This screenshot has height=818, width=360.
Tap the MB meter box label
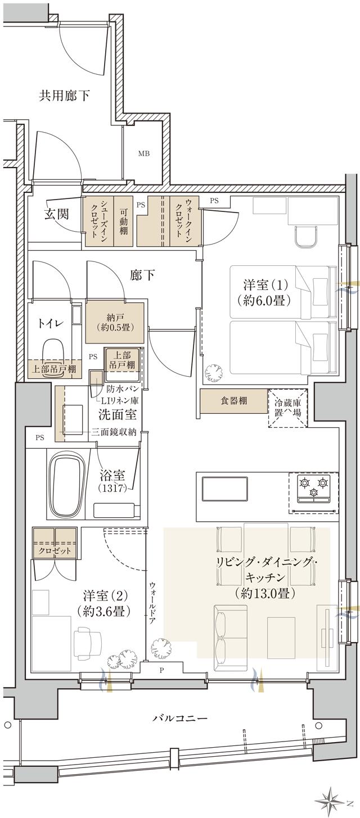145,153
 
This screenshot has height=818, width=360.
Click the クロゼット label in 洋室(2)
55,550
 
